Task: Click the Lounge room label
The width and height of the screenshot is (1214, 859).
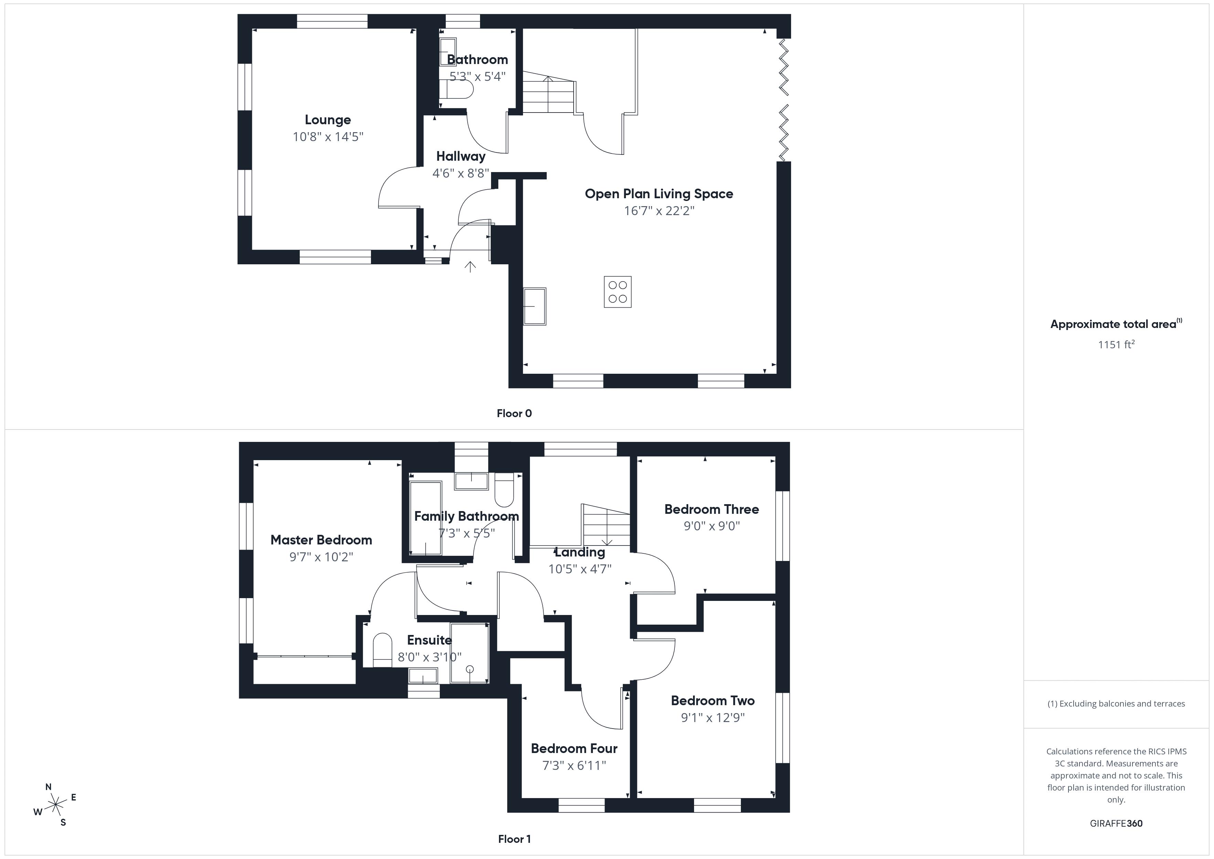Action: tap(328, 120)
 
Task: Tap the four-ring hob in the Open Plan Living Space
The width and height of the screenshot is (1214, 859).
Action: tap(618, 292)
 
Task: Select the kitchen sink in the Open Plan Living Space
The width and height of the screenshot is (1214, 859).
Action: tap(534, 306)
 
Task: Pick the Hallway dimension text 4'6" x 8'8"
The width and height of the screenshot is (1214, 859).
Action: tap(460, 173)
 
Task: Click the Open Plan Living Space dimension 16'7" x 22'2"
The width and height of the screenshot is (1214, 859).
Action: tap(659, 211)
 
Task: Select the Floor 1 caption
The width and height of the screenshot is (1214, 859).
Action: tap(514, 839)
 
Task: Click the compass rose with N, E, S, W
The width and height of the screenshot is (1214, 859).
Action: tap(55, 805)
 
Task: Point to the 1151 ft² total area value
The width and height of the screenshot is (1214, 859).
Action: tap(1116, 344)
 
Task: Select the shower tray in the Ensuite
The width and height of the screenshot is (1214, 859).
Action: tap(469, 653)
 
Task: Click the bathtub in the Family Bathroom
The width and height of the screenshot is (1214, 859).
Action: tap(426, 518)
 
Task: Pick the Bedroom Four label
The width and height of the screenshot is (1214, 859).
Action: tap(574, 749)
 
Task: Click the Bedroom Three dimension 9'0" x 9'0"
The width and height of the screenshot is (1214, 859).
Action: tap(712, 526)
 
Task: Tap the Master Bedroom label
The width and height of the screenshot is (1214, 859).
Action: tap(321, 540)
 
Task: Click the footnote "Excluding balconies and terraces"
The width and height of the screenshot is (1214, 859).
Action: tap(1116, 703)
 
